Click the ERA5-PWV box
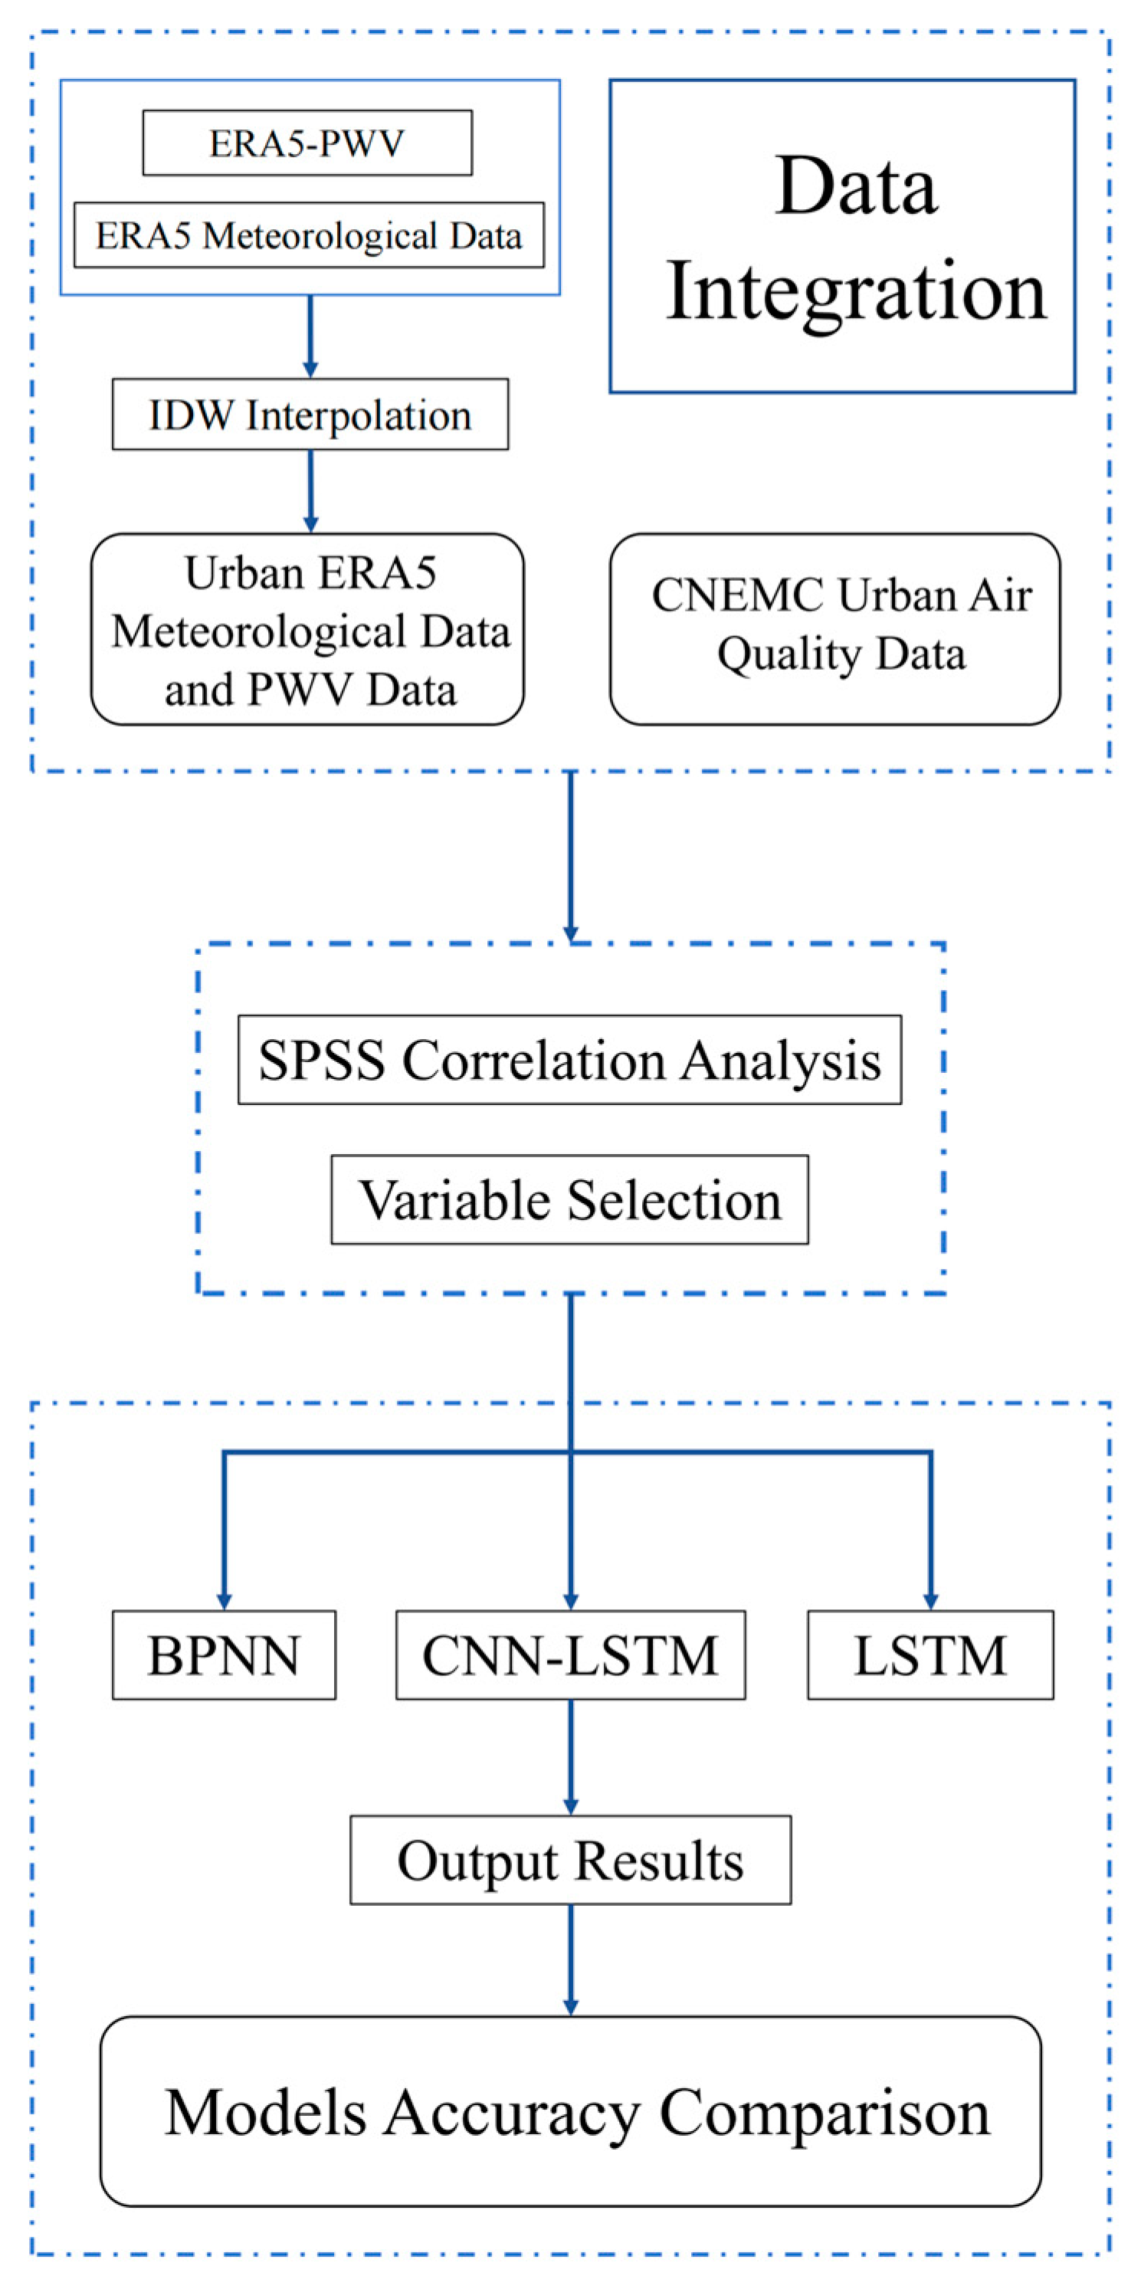point(307,143)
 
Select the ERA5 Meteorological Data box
point(308,235)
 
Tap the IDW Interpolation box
point(310,415)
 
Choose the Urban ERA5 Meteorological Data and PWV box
point(307,629)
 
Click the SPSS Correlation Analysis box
point(569,1059)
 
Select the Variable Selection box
point(569,1199)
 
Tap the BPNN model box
point(224,1655)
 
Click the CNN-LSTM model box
point(570,1655)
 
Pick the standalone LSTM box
point(930,1655)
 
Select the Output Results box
point(570,1861)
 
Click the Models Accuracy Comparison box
point(570,2111)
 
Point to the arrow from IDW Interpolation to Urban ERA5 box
point(310,490)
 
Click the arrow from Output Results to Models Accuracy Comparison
point(570,1959)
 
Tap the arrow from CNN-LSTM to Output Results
point(570,1756)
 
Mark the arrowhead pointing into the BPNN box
point(224,1600)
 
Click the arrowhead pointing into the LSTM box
point(930,1600)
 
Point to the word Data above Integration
point(856,187)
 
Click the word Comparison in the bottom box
point(824,2112)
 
